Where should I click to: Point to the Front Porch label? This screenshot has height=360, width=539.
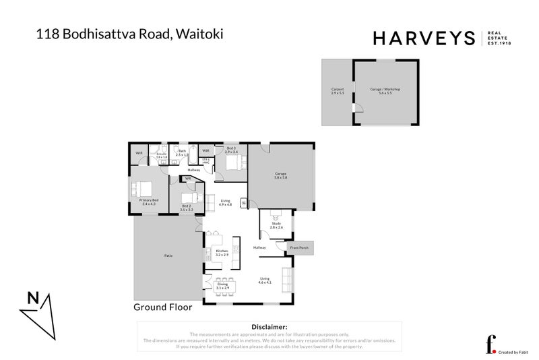pos(298,248)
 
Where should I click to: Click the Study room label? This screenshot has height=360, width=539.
pos(276,227)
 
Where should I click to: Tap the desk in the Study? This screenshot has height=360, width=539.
pos(275,215)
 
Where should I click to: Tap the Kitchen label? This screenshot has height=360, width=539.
pos(222,253)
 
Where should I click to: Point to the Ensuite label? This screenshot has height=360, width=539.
pos(161,155)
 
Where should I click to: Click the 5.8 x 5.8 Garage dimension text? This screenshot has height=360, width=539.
pos(280,178)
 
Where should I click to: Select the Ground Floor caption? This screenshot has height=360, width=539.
pos(162,307)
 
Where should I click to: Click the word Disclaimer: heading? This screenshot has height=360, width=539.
pos(269,326)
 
